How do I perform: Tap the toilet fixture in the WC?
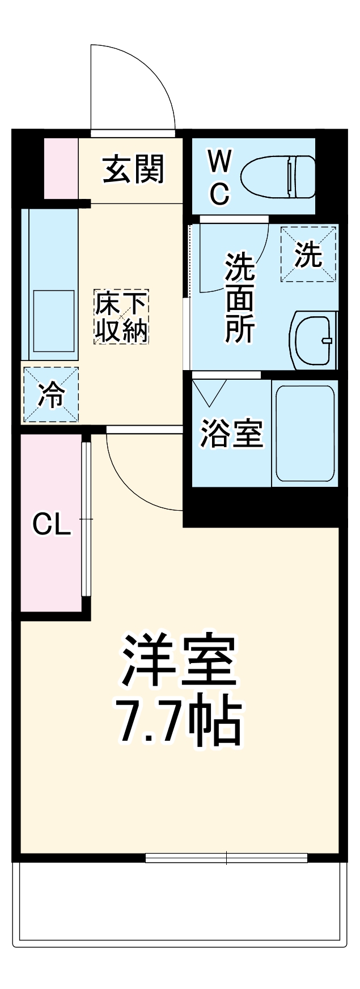[278, 177]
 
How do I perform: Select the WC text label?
[219, 177]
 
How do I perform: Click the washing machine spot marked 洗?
[309, 253]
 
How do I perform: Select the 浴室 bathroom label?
[232, 434]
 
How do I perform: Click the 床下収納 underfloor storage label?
[121, 316]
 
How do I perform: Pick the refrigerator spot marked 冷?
[50, 394]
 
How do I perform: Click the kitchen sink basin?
[54, 321]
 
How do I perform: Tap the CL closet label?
[51, 525]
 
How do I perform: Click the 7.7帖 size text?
[179, 723]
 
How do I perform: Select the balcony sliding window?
[226, 858]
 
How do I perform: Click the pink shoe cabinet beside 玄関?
[61, 168]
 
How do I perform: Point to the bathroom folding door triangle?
[209, 391]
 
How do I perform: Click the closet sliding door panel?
[86, 519]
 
